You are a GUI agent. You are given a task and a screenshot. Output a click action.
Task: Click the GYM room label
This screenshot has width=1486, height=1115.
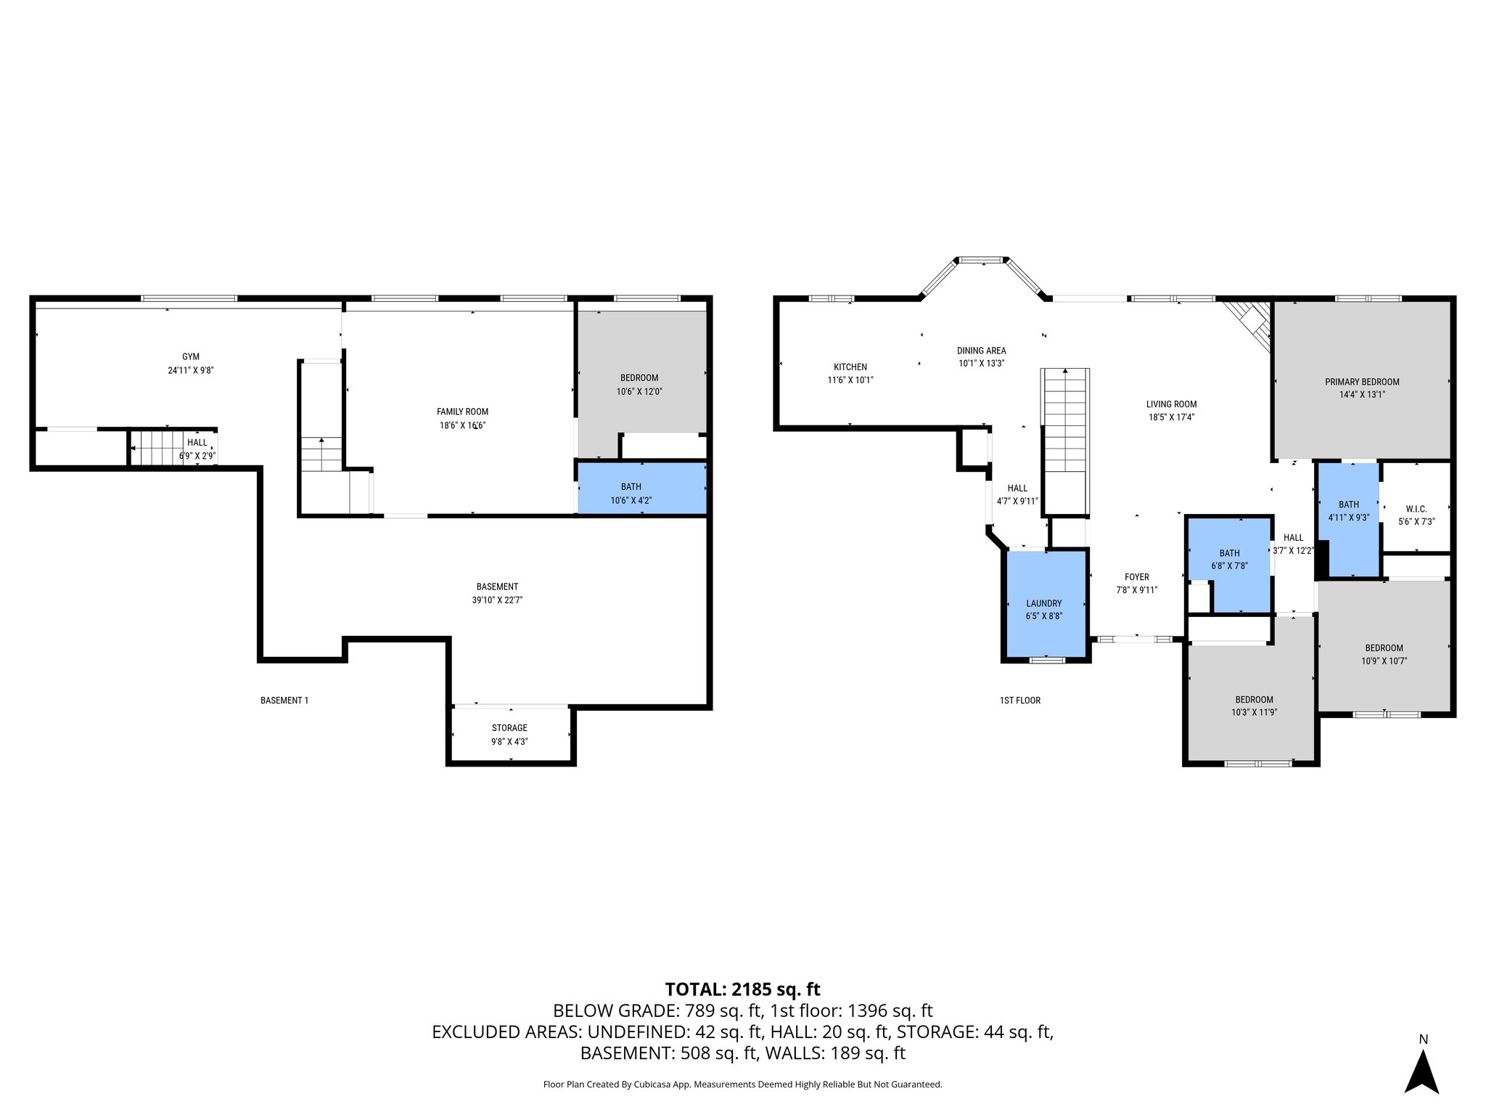pos(190,356)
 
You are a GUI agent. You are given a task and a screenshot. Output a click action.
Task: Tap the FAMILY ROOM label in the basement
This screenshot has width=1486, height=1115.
pos(462,412)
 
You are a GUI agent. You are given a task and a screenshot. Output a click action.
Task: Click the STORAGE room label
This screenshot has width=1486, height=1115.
pos(509,728)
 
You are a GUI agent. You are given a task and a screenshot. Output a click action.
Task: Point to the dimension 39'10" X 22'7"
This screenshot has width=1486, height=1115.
pos(497,600)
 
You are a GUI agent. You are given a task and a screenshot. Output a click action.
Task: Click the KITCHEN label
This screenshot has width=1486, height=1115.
pos(850,367)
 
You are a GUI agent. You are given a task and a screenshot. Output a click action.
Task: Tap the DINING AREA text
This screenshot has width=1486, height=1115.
pos(981,351)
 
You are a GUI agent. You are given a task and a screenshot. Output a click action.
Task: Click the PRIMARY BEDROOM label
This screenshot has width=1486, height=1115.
pos(1362,382)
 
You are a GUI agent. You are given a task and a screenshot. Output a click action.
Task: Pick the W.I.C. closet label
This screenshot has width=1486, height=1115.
pos(1416,509)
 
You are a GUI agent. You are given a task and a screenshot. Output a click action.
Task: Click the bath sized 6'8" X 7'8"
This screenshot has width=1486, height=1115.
pos(1229,560)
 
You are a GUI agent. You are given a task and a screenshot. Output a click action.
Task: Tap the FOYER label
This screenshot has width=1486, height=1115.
pos(1136,577)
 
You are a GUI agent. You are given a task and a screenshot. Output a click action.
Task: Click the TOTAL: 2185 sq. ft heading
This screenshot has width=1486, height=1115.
pos(742,989)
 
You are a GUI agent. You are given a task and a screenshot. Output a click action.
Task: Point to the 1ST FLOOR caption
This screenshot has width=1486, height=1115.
pos(1019,701)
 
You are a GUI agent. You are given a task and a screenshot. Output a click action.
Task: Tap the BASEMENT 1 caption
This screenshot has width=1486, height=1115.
pos(284,701)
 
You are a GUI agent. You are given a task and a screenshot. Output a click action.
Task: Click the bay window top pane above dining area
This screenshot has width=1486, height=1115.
pos(982,259)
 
